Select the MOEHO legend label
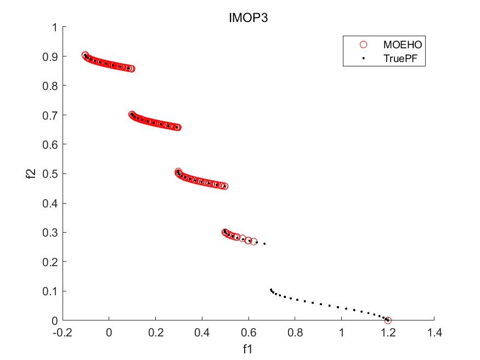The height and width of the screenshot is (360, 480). [402, 44]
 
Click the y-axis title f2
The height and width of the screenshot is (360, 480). [32, 173]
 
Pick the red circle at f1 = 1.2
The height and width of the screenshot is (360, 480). [388, 320]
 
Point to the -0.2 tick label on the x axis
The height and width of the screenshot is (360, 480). [63, 333]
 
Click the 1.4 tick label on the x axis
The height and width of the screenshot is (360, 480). [434, 333]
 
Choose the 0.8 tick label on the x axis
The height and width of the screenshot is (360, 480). [295, 333]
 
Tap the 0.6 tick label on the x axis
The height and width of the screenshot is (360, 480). [249, 333]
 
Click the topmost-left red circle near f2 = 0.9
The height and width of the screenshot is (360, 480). [85, 55]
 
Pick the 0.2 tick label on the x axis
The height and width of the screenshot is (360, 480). [156, 333]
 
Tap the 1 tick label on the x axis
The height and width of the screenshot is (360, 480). [341, 333]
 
